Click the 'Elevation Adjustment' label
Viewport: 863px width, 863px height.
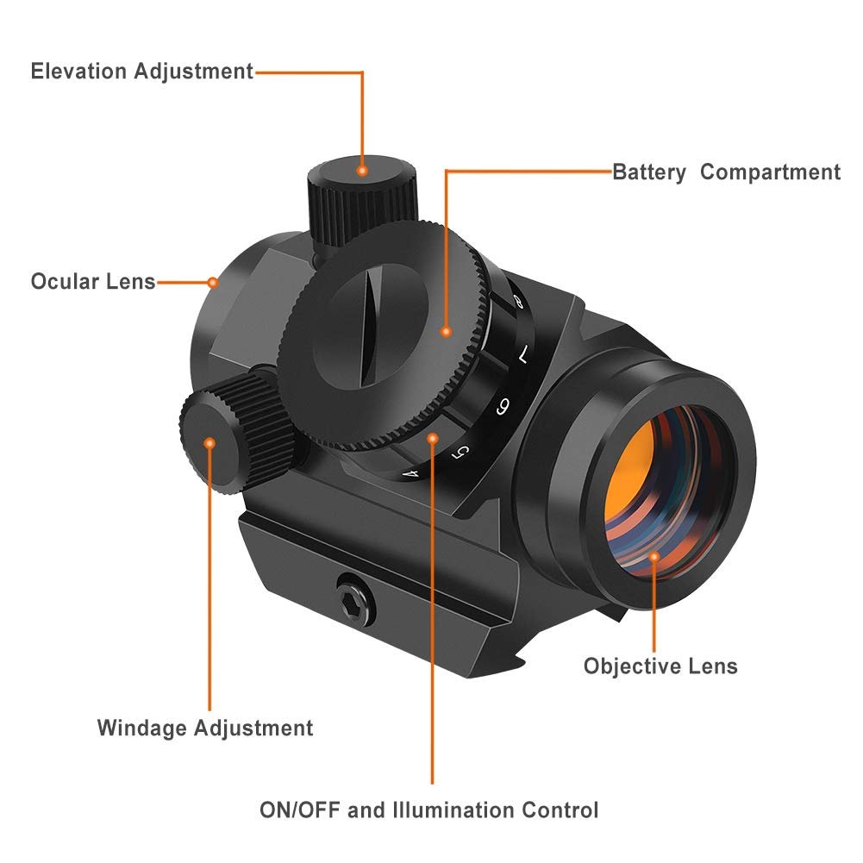142,72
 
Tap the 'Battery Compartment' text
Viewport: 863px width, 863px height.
726,172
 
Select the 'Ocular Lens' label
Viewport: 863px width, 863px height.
93,282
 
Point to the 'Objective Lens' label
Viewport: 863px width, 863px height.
660,666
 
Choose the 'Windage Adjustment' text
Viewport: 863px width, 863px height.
205,729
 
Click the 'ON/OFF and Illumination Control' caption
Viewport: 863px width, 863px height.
428,810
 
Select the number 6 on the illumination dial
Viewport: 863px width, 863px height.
502,406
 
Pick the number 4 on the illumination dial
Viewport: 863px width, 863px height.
411,472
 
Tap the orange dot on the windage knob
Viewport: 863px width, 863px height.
209,442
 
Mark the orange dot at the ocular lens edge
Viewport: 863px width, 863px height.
212,281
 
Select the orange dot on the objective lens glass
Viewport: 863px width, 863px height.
654,556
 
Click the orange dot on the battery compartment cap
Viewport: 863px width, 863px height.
446,330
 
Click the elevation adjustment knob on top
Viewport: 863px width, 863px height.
360,198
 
